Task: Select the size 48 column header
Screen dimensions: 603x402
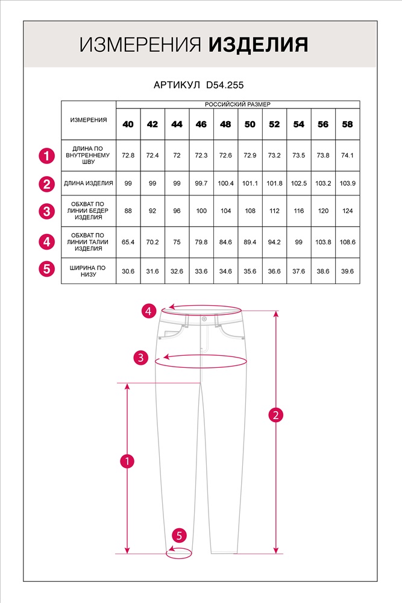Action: pyautogui.click(x=225, y=124)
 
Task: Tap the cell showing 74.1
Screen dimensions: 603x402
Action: pyautogui.click(x=347, y=155)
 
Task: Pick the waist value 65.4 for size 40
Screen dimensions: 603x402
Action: pyautogui.click(x=128, y=242)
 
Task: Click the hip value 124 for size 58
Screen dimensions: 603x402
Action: pyautogui.click(x=347, y=211)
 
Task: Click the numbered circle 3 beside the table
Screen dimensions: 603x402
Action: pyautogui.click(x=47, y=212)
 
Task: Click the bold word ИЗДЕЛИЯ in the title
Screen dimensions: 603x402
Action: pyautogui.click(x=259, y=45)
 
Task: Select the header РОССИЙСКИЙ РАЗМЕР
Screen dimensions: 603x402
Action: pyautogui.click(x=237, y=104)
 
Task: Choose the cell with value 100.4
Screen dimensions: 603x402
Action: pyautogui.click(x=225, y=183)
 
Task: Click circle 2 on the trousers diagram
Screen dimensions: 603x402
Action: pyautogui.click(x=275, y=415)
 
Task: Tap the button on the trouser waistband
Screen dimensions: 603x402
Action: pyautogui.click(x=204, y=318)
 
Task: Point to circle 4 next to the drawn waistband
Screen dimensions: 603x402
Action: pyautogui.click(x=149, y=311)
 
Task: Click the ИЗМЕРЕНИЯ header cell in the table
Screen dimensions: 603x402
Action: pyautogui.click(x=89, y=119)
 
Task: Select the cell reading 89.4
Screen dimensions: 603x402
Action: pyautogui.click(x=250, y=242)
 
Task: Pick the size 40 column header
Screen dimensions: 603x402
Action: pyautogui.click(x=128, y=124)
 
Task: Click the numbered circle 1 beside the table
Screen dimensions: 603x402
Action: pyautogui.click(x=47, y=156)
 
